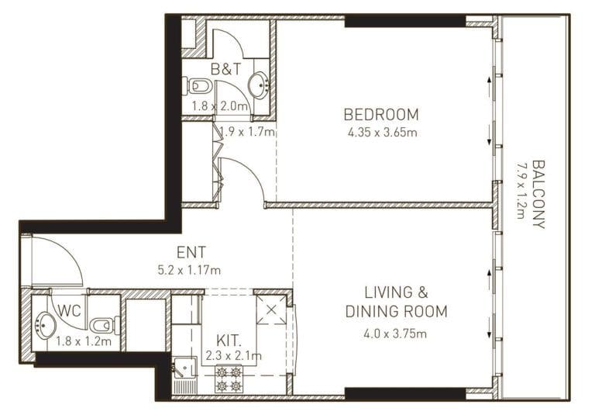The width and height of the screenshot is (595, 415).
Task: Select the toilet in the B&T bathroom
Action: coord(198,85)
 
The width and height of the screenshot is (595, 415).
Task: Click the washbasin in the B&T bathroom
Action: coord(258,85)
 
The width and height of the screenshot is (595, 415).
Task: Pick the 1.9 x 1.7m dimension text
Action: coord(246,132)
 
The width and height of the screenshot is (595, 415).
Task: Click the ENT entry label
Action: coord(191,252)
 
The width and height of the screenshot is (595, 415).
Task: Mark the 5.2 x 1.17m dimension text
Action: coord(190,270)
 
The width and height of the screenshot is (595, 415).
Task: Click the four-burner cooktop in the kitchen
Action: coord(229,379)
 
